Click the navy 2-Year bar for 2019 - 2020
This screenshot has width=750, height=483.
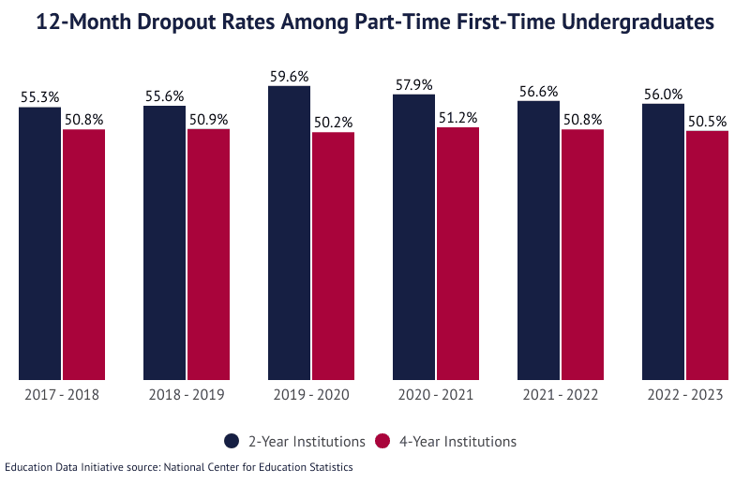(289, 234)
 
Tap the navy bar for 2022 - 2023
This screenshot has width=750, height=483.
(663, 242)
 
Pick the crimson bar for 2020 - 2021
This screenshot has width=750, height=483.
(457, 254)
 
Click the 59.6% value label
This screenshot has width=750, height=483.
(289, 77)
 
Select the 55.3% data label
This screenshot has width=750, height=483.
(39, 97)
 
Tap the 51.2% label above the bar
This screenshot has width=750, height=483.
(457, 118)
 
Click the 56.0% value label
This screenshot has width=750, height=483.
(663, 94)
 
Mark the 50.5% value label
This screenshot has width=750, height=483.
(707, 121)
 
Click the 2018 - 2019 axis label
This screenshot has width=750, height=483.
(187, 395)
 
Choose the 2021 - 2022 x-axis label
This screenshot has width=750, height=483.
(560, 395)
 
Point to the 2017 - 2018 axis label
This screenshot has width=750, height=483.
(62, 395)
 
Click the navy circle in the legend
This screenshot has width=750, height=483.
(232, 441)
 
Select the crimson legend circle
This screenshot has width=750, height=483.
(382, 441)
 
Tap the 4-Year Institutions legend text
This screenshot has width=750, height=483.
(457, 441)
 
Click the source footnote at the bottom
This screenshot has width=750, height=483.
(178, 467)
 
